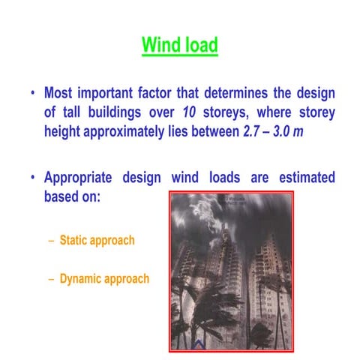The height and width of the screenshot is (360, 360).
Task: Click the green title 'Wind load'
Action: (180, 46)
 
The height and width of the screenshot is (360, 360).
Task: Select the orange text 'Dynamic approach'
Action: (104, 279)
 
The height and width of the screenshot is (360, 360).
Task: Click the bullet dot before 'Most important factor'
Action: (33, 94)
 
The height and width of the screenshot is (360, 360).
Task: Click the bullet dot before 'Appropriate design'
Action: (33, 179)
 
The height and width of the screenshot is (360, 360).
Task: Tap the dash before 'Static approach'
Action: (51, 241)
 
